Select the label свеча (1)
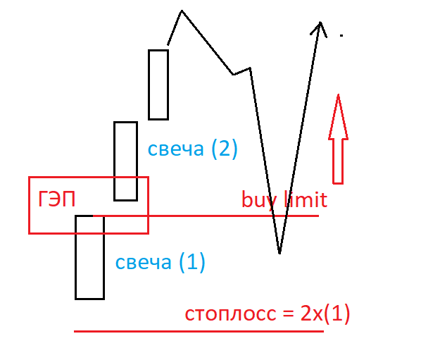pyautogui.click(x=160, y=263)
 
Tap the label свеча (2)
pyautogui.click(x=192, y=149)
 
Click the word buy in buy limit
pyautogui.click(x=258, y=200)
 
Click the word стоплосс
pyautogui.click(x=231, y=314)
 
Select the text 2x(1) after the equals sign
pyautogui.click(x=325, y=314)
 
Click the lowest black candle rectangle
pyautogui.click(x=89, y=257)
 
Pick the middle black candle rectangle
pyautogui.click(x=125, y=161)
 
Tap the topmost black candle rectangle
pyautogui.click(x=158, y=85)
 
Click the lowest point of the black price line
pyautogui.click(x=279, y=252)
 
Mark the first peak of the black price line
pyautogui.click(x=182, y=11)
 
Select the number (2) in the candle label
pyautogui.click(x=225, y=149)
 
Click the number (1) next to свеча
pyautogui.click(x=191, y=263)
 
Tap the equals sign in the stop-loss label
pyautogui.click(x=288, y=314)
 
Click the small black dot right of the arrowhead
pyautogui.click(x=341, y=35)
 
